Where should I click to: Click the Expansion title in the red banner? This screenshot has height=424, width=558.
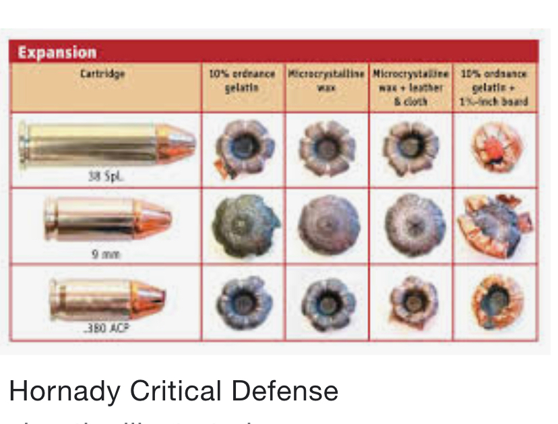pyautogui.click(x=57, y=52)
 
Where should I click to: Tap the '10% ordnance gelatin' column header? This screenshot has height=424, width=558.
pyautogui.click(x=243, y=80)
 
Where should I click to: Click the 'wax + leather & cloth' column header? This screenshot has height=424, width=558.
pyautogui.click(x=411, y=88)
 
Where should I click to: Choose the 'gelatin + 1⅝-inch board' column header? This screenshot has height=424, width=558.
pyautogui.click(x=495, y=88)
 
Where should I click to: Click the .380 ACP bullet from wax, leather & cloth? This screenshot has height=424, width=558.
pyautogui.click(x=411, y=301)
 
